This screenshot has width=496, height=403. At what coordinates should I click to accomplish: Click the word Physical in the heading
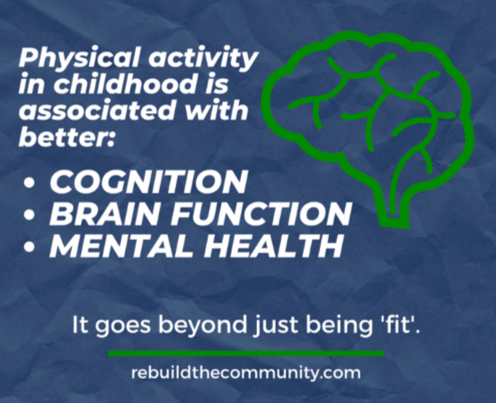[x=79, y=58]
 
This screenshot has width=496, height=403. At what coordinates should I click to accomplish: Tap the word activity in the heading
[x=203, y=58]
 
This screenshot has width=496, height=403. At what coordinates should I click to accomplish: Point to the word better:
[x=66, y=137]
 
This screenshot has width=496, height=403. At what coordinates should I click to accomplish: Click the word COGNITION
[x=148, y=182]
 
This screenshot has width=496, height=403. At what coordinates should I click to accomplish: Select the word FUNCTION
[x=261, y=214]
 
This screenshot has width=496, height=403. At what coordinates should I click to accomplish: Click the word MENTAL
[x=121, y=246]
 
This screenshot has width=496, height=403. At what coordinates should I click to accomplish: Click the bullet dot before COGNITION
[x=29, y=183]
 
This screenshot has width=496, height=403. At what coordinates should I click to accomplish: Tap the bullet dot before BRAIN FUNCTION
[x=29, y=214]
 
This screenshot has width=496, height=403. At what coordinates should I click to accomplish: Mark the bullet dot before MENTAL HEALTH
[x=29, y=246]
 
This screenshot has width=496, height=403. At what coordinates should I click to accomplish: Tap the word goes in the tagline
[x=123, y=326]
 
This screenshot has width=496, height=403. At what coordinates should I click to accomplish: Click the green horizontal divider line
[x=246, y=354]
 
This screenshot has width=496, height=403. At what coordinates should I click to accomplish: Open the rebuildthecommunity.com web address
[x=246, y=372]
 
